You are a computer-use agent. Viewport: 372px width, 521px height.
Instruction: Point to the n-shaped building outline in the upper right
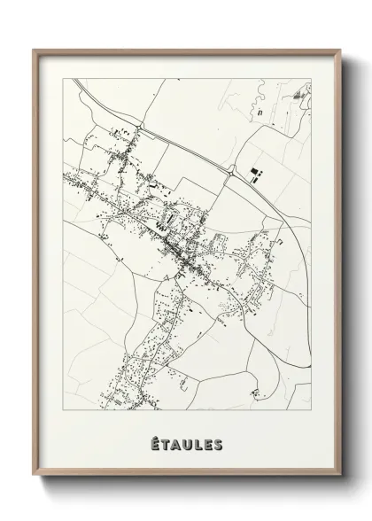tap(260, 113)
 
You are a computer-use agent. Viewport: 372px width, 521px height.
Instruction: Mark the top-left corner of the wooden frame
tap(35, 49)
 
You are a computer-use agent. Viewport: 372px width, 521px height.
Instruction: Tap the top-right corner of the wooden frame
tap(337, 49)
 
